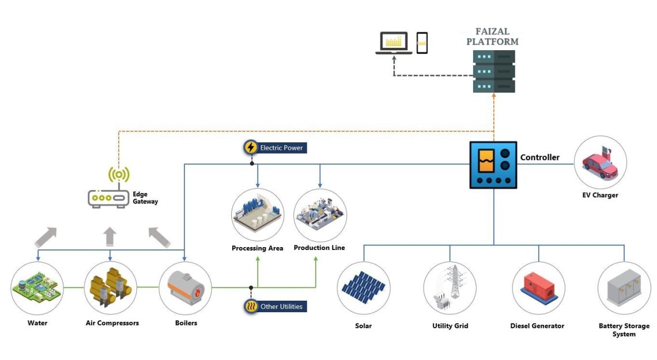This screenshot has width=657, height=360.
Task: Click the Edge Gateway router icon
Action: pyautogui.click(x=108, y=199)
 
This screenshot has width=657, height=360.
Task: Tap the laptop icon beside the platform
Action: pyautogui.click(x=394, y=43)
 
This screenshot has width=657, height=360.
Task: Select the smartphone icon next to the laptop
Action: pyautogui.click(x=422, y=43)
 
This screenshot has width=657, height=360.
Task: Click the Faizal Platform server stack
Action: pyautogui.click(x=493, y=71)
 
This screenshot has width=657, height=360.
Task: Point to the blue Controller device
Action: pyautogui.click(x=493, y=165)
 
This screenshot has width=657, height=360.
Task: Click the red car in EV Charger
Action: pyautogui.click(x=600, y=165)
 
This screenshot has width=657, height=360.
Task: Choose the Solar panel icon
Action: pyautogui.click(x=363, y=287)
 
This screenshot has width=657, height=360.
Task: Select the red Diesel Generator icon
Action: pyautogui.click(x=538, y=287)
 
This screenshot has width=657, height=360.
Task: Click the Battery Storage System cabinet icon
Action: pyautogui.click(x=624, y=287)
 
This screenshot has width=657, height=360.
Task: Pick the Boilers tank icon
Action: pyautogui.click(x=185, y=287)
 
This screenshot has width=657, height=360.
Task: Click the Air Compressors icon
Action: pyautogui.click(x=111, y=287)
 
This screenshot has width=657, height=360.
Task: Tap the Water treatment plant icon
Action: pyautogui.click(x=37, y=287)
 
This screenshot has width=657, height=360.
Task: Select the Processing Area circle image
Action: pyautogui.click(x=257, y=214)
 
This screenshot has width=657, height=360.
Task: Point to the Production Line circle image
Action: pyautogui.click(x=320, y=215)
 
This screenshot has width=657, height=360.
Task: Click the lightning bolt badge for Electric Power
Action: pyautogui.click(x=251, y=147)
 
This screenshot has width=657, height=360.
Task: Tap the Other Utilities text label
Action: pyautogui.click(x=281, y=306)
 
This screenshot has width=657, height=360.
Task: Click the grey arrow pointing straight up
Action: pyautogui.click(x=109, y=237)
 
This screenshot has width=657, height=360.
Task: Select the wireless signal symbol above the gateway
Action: pyautogui.click(x=119, y=175)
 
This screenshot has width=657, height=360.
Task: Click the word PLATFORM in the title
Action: pyautogui.click(x=492, y=41)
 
